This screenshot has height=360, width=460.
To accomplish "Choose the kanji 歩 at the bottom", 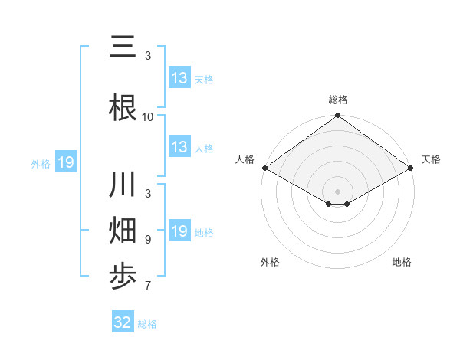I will pos(123,275).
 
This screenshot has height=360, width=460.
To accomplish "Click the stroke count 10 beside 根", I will pos(148,117).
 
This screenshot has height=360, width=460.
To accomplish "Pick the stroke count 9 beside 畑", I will pos(148,240).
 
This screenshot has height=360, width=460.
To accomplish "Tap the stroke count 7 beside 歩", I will pos(148,286).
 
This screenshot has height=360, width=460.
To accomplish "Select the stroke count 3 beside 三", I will pos(148,56).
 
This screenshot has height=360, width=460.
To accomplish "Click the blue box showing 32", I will pos(123,322).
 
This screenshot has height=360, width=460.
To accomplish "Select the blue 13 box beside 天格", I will pos(179,78).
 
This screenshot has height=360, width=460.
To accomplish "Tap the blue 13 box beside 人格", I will pos(179,147).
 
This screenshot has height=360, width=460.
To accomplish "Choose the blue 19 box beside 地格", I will pos(179,231).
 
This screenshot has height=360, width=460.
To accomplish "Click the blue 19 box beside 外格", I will pos(65,162).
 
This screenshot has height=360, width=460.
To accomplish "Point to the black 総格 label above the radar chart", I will pos(338,100).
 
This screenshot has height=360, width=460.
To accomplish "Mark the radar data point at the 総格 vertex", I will pos(338,116).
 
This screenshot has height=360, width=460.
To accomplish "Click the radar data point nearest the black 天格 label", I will pos(412,168).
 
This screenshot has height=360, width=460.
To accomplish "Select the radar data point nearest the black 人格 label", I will pos(264,168).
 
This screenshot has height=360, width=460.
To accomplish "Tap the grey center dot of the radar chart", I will pos(338,190).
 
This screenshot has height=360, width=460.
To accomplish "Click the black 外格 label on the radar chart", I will pos(270,262).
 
